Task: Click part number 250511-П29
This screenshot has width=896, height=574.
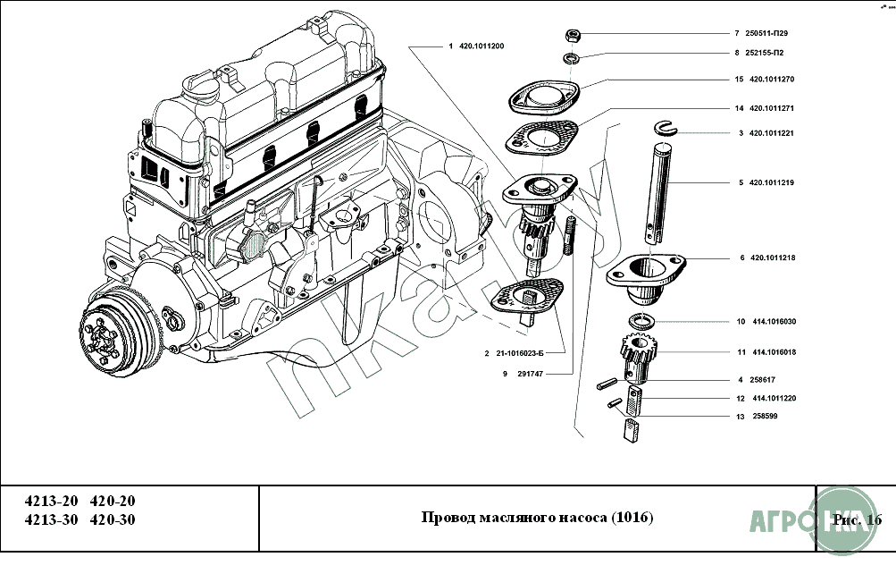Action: click(x=767, y=33)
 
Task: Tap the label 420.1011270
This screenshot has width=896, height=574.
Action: click(x=772, y=80)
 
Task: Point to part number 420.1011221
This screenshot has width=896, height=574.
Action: click(x=772, y=133)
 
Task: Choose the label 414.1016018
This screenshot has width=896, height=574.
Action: click(x=774, y=352)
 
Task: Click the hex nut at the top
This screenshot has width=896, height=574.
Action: click(x=574, y=36)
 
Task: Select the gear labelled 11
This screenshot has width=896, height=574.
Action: click(x=636, y=355)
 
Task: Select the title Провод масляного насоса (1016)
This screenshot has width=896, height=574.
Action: click(x=537, y=519)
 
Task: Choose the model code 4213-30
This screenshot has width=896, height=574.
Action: click(x=50, y=520)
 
